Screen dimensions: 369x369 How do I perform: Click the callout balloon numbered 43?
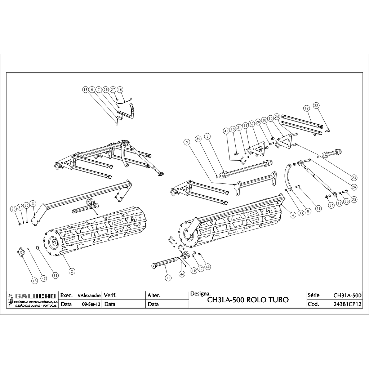35,280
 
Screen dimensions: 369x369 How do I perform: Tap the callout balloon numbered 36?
55,275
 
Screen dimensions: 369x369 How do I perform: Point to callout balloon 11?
168,277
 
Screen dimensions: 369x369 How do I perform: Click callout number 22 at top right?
316,106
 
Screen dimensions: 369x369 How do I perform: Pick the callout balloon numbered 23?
354,177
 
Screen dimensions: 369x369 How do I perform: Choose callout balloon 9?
187,142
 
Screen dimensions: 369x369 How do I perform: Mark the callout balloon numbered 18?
85,90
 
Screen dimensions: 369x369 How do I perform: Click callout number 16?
120,90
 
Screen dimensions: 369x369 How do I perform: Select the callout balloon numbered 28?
13,209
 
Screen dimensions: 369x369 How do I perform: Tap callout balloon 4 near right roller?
293,214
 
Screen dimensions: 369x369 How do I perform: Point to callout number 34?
331,205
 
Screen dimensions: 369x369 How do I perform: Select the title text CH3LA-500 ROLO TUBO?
248,300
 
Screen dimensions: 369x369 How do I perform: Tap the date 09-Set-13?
91,304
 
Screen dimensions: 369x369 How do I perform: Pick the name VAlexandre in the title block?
89,295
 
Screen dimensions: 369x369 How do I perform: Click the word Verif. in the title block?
110,295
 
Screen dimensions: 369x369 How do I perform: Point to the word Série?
314,295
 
